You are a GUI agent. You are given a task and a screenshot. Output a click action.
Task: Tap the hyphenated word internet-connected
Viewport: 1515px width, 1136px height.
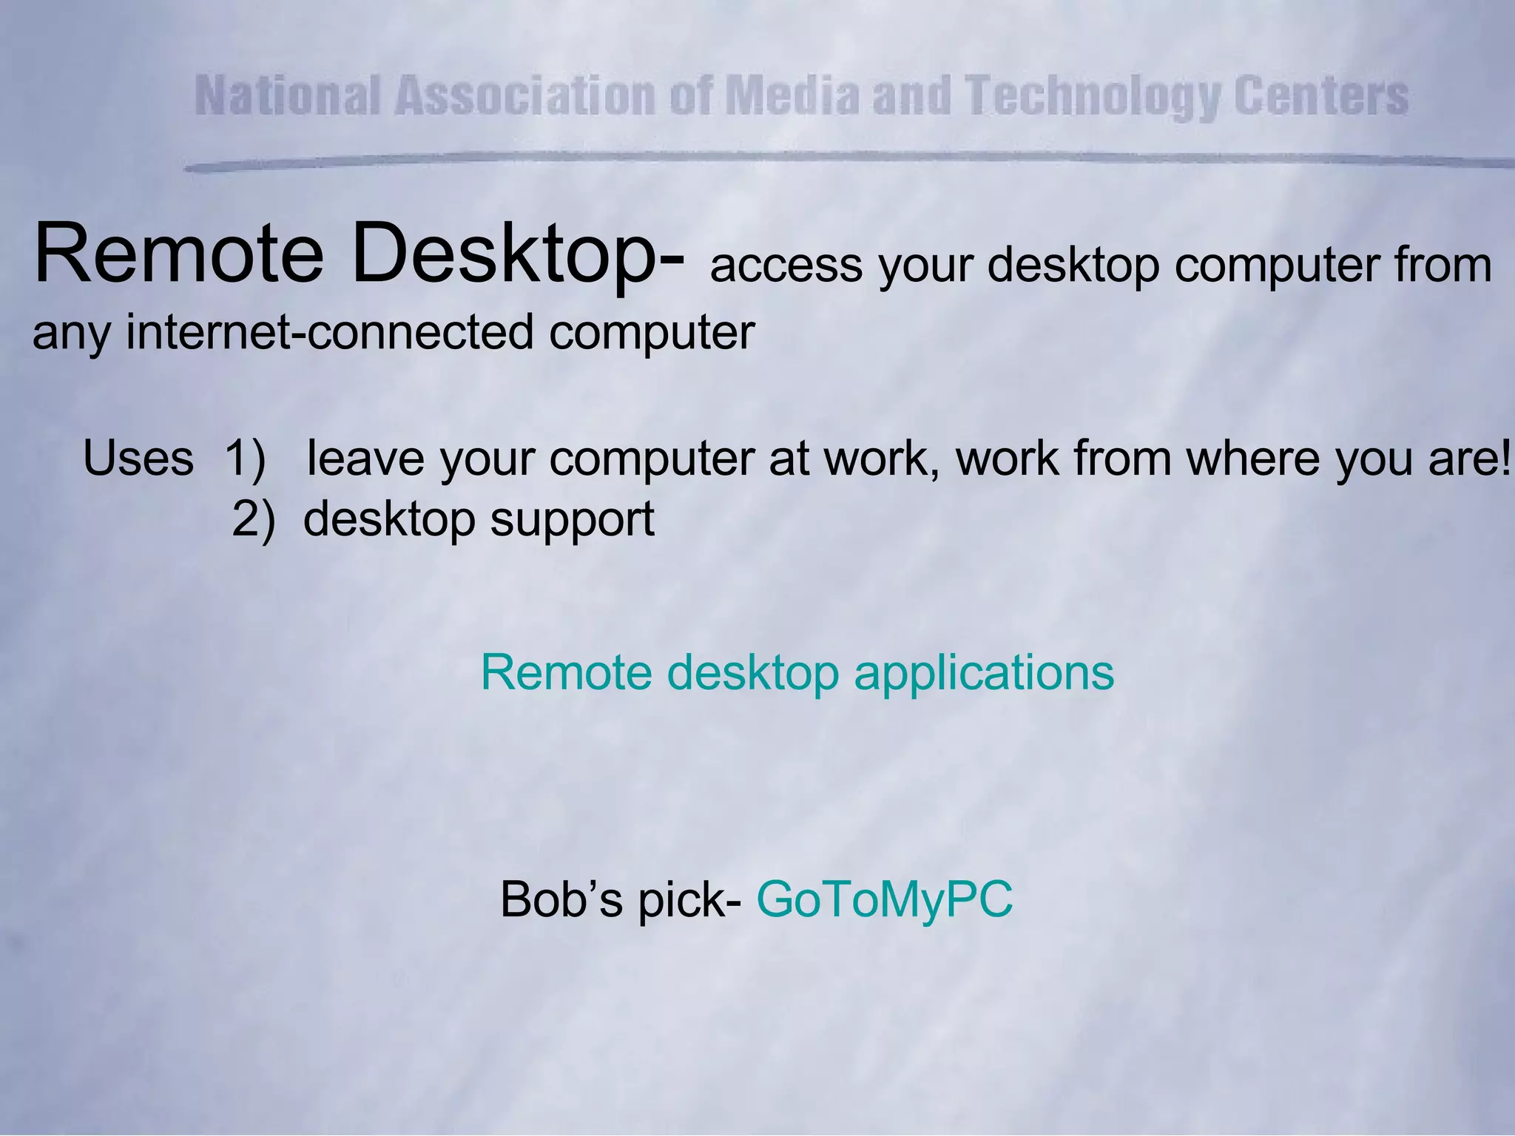tap(329, 331)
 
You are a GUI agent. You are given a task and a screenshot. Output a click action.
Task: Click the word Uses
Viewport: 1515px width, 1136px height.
tap(138, 459)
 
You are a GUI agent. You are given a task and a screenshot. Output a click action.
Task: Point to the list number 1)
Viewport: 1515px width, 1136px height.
tap(245, 459)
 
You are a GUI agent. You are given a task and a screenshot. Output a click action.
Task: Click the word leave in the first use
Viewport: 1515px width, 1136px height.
tap(365, 459)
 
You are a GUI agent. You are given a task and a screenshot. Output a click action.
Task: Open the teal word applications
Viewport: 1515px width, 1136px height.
tap(984, 674)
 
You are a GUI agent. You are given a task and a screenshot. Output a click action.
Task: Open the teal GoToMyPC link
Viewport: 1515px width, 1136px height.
tap(884, 900)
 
